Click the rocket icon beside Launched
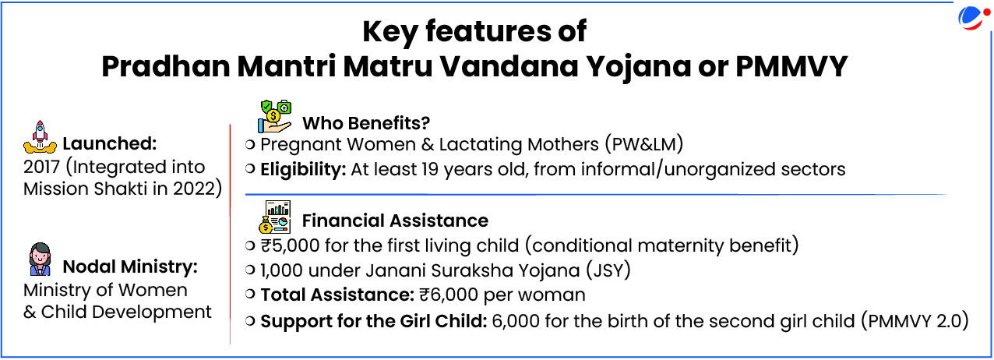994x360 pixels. [x=40, y=137]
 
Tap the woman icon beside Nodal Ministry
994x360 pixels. [x=41, y=259]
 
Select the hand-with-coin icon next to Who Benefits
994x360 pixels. [x=275, y=117]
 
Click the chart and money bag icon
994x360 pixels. [x=275, y=217]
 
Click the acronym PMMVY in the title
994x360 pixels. [x=791, y=66]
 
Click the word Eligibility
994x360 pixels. [x=302, y=170]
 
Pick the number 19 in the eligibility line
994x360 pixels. [x=429, y=170]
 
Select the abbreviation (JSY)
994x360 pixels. [x=608, y=270]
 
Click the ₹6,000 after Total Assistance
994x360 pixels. [x=449, y=295]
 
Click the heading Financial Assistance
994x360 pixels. [x=395, y=221]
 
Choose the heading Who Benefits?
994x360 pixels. [x=366, y=123]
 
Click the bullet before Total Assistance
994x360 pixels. [x=250, y=294]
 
